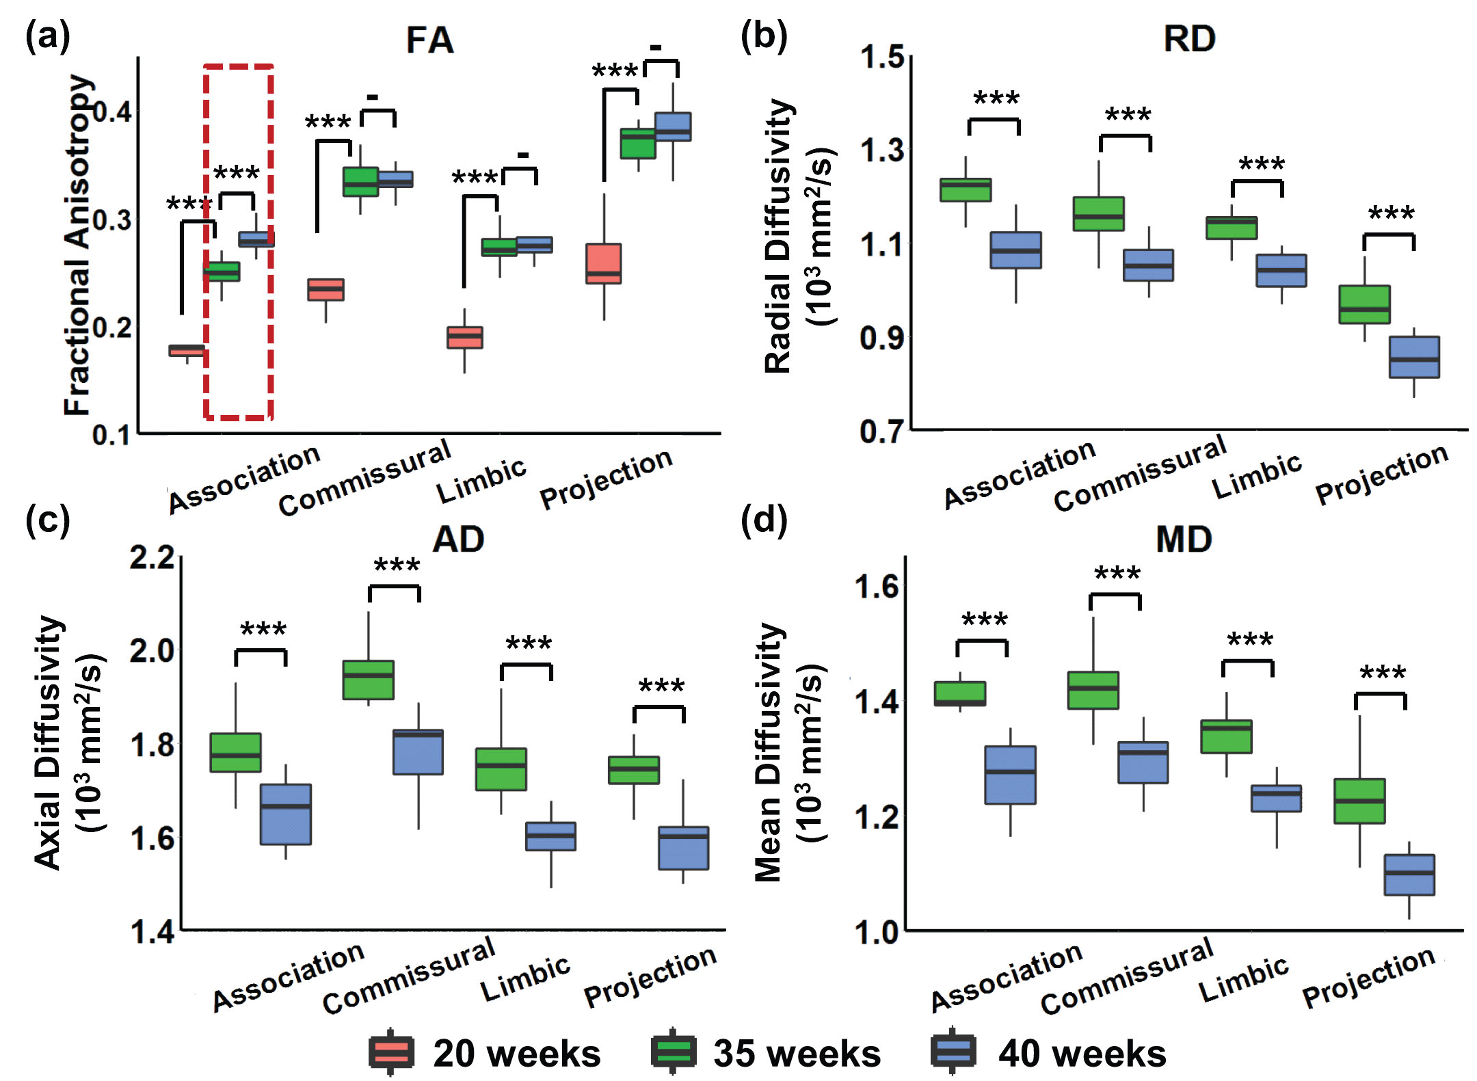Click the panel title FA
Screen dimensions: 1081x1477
pyautogui.click(x=429, y=40)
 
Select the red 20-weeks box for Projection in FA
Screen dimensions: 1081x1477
pyautogui.click(x=604, y=263)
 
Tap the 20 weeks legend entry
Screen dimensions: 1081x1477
pyautogui.click(x=485, y=1053)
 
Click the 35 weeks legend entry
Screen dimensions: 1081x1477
pyautogui.click(x=766, y=1053)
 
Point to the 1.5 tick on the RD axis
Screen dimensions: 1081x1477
pyautogui.click(x=882, y=57)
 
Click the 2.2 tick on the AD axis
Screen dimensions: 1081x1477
pyautogui.click(x=152, y=557)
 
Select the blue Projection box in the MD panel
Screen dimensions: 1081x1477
pyautogui.click(x=1409, y=875)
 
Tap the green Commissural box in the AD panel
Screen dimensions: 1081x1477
pyautogui.click(x=368, y=680)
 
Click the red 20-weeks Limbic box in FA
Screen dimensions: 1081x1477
pyautogui.click(x=465, y=338)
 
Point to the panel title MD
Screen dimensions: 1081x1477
pyautogui.click(x=1184, y=539)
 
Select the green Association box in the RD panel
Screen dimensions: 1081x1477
pyautogui.click(x=966, y=189)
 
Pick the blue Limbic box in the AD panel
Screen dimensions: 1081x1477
pyautogui.click(x=550, y=836)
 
